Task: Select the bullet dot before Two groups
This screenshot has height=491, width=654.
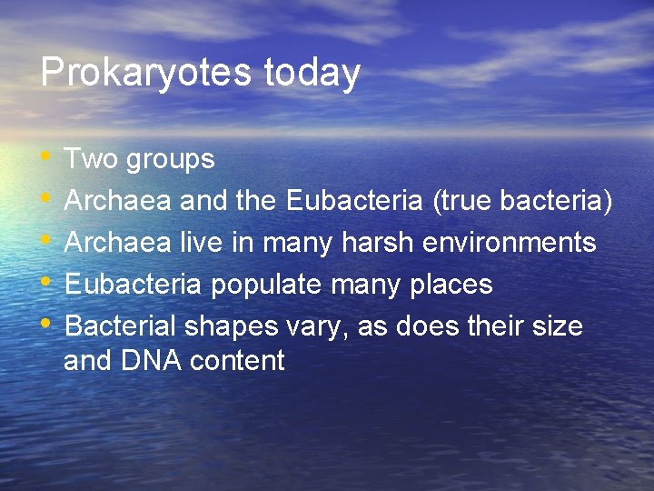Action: pos(47,157)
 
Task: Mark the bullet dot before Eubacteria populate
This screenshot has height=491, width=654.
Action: pos(47,283)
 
